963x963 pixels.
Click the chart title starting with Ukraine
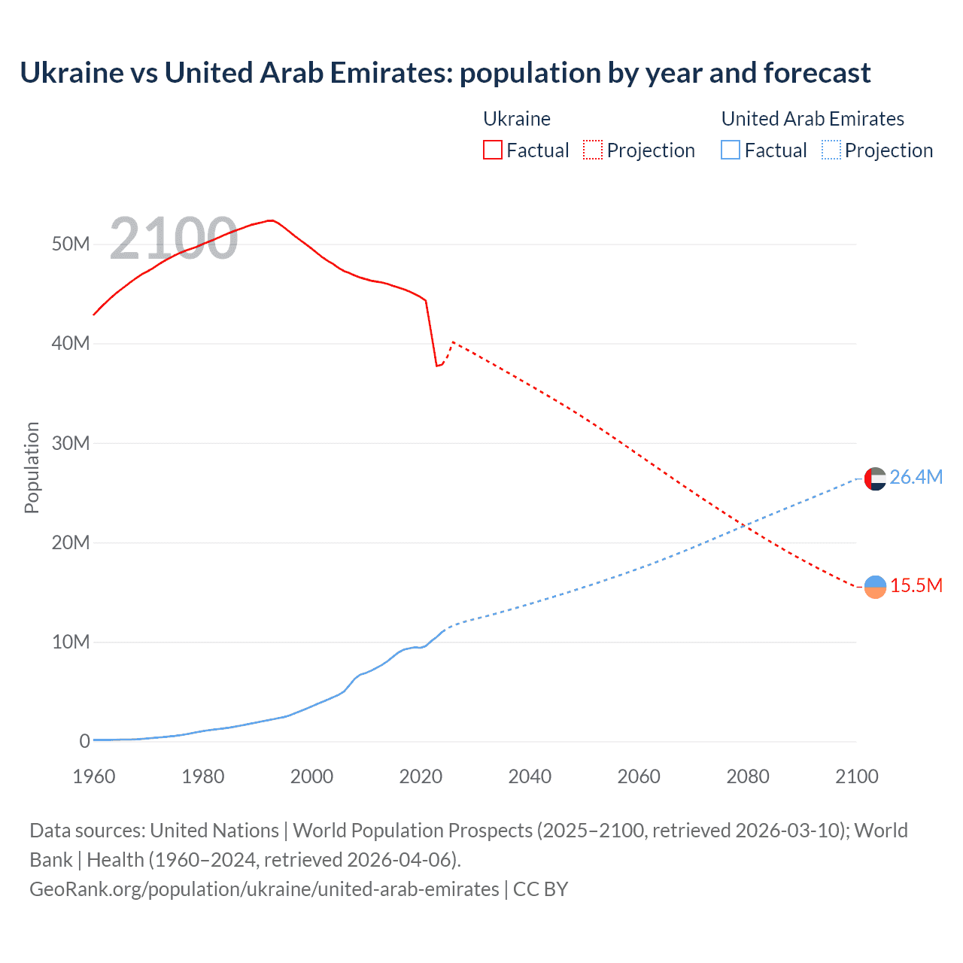(445, 73)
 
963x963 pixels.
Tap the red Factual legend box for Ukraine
(492, 150)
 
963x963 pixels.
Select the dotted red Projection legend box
(593, 150)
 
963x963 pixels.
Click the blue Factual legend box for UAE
(731, 150)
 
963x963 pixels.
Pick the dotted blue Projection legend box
(831, 150)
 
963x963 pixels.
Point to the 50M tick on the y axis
(71, 244)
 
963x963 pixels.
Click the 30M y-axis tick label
(71, 443)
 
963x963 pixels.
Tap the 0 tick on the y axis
(84, 741)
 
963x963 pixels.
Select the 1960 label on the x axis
(94, 776)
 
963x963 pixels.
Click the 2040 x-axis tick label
(530, 776)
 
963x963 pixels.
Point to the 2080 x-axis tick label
(748, 776)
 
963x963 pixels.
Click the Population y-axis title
(32, 467)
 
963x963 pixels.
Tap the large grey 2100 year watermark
(174, 238)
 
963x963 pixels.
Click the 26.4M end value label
(916, 477)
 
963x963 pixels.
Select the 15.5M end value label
(916, 585)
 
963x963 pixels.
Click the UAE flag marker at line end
(875, 478)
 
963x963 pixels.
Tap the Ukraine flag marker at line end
(875, 587)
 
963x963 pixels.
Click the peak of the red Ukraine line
(271, 220)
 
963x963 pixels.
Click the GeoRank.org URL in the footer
(264, 889)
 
